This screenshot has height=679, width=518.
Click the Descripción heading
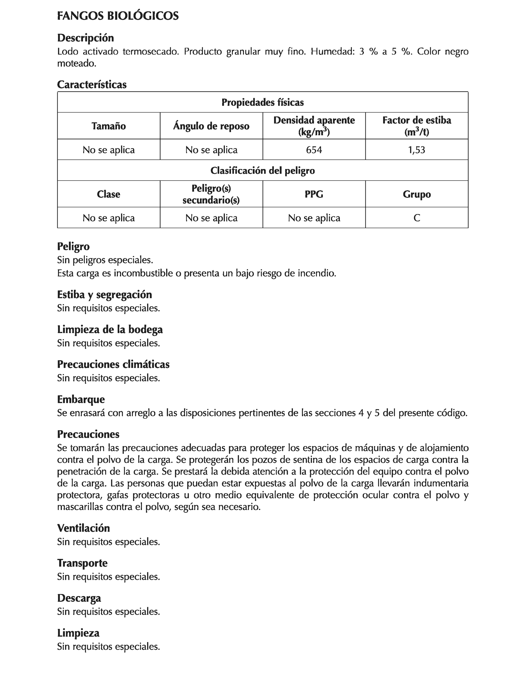85,38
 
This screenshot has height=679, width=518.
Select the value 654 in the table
314,150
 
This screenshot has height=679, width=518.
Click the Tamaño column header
109,126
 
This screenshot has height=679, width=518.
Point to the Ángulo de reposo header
211,126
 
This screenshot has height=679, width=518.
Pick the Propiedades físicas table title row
263,102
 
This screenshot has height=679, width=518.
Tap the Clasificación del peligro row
263,170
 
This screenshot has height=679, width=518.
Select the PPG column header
314,194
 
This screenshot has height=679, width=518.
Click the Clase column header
109,194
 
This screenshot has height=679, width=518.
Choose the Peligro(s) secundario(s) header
211,194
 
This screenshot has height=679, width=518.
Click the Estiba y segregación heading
104,295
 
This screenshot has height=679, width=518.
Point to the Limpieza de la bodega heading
110,329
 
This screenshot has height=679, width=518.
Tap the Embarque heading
81,399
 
